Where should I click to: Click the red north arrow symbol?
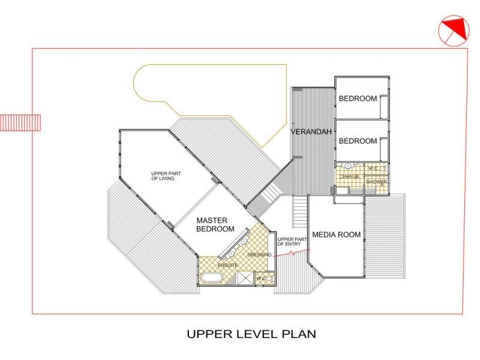[454, 31]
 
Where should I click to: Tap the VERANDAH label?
[311, 132]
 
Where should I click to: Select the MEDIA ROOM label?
[337, 235]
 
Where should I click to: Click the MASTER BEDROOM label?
[215, 224]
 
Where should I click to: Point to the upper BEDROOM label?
[358, 98]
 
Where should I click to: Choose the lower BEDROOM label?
[358, 141]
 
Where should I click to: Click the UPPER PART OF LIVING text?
[166, 176]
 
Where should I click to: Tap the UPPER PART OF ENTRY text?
[292, 242]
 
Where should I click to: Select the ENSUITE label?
[228, 265]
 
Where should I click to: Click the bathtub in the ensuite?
[211, 277]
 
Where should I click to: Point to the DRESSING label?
[259, 254]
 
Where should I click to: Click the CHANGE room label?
[349, 176]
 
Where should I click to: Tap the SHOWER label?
[377, 182]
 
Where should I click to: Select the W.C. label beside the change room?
[373, 169]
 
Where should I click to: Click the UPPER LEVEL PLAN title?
[251, 334]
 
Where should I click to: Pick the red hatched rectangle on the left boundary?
[20, 123]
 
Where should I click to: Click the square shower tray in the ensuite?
[245, 278]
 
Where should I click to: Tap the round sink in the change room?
[348, 166]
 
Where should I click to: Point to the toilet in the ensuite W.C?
[269, 278]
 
